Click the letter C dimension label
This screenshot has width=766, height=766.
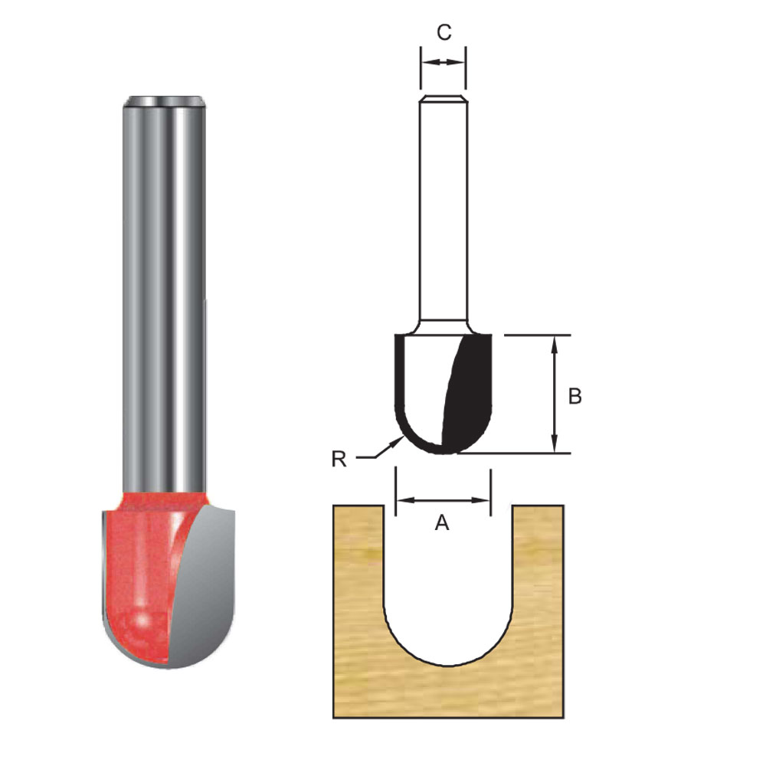click(x=444, y=32)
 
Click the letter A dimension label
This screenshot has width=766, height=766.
click(x=442, y=522)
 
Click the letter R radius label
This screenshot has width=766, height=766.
click(x=339, y=459)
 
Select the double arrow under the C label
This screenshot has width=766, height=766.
click(x=443, y=63)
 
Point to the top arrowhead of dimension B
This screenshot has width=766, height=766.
click(x=556, y=342)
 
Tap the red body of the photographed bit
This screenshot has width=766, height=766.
click(x=138, y=574)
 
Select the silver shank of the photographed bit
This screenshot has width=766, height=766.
click(x=165, y=291)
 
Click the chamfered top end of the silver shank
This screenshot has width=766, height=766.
click(x=165, y=100)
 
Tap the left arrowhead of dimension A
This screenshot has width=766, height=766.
click(x=400, y=500)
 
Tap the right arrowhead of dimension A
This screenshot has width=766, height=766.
click(x=485, y=500)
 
